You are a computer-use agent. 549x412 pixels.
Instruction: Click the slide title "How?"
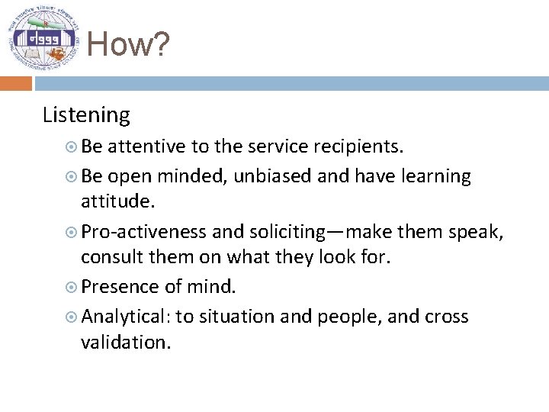pyautogui.click(x=127, y=45)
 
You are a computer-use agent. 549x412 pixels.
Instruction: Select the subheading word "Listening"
pyautogui.click(x=86, y=115)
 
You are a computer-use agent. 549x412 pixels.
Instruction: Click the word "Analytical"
pyautogui.click(x=126, y=317)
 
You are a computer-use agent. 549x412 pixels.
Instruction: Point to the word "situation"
pyautogui.click(x=237, y=317)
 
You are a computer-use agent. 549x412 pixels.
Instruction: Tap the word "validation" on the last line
pyautogui.click(x=126, y=343)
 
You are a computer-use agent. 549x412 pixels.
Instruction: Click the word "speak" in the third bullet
pyautogui.click(x=476, y=231)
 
